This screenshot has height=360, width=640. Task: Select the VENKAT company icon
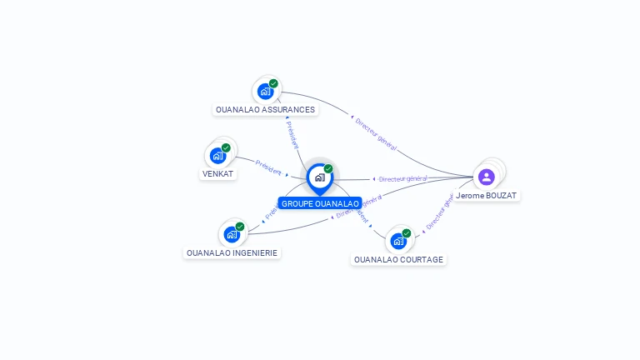218,155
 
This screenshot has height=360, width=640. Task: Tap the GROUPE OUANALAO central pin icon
319,177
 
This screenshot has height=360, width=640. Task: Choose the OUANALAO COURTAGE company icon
399,241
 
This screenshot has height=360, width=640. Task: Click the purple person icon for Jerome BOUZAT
487,177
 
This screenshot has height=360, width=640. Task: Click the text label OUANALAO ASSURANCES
265,109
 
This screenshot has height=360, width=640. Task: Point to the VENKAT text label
218,174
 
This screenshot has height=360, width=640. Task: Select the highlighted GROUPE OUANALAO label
320,203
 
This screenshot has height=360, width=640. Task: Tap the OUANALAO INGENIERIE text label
232,252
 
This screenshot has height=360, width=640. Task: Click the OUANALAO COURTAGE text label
398,259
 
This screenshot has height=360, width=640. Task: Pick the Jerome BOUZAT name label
487,195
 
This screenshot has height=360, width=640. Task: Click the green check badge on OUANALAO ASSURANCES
273,83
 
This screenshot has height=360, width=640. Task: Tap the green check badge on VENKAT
226,147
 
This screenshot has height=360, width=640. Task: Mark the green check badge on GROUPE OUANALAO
328,169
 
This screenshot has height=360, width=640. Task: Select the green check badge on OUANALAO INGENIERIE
240,227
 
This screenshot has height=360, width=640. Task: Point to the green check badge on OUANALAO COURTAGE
407,233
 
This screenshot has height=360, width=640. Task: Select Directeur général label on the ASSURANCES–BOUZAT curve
375,132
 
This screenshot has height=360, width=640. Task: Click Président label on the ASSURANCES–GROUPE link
292,134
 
